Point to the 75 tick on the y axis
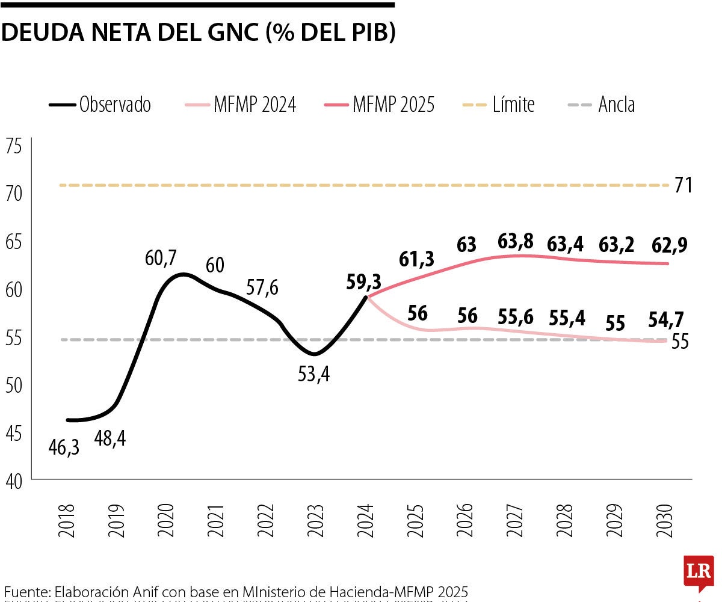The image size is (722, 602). pos(13,146)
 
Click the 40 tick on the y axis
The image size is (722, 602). pos(13,481)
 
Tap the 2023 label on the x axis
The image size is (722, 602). pos(318,515)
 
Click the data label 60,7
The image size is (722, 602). pos(161,258)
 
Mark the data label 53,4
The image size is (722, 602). pos(314,375)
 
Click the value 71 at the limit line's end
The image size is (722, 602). pos(683,185)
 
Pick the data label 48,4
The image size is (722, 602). pos(110,438)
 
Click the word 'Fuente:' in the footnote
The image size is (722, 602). pos(26,591)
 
